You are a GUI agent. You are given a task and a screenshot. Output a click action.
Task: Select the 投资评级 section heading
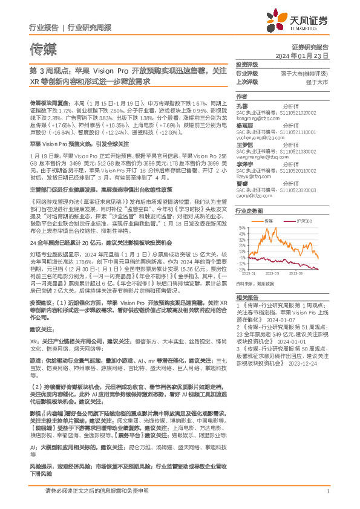(x=247, y=65)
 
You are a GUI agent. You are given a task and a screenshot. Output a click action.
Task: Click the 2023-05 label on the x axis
(x=277, y=274)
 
